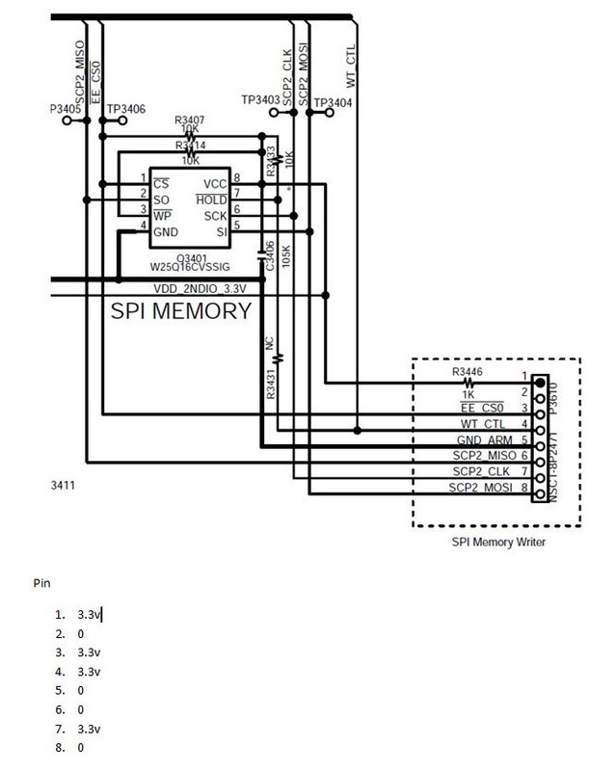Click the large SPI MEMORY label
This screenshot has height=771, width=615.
pyautogui.click(x=181, y=310)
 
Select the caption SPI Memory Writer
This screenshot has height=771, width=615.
pyautogui.click(x=498, y=542)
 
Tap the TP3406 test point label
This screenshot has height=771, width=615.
pyautogui.click(x=126, y=109)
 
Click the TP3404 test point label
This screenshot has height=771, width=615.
pyautogui.click(x=333, y=102)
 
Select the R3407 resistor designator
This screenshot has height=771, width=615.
pyautogui.click(x=191, y=120)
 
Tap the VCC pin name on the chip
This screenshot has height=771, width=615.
pyautogui.click(x=215, y=183)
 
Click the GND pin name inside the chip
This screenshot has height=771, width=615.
pyautogui.click(x=166, y=232)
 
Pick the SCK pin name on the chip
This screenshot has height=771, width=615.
pyautogui.click(x=216, y=217)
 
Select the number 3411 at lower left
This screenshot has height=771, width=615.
pyautogui.click(x=63, y=486)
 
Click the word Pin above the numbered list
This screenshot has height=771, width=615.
pyautogui.click(x=41, y=583)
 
